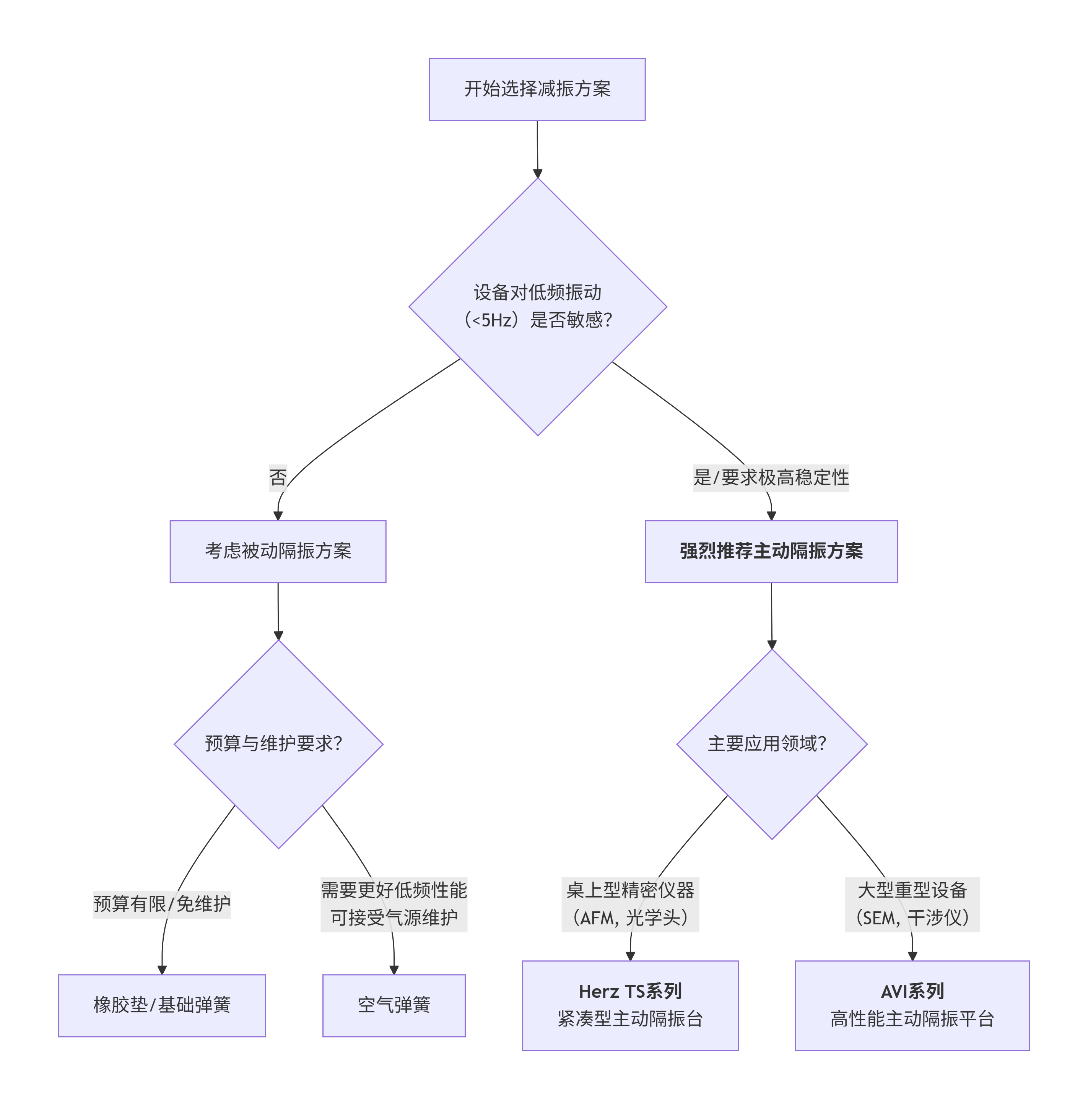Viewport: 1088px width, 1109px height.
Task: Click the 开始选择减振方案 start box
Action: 537,89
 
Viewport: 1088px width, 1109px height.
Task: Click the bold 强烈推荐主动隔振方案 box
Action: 771,551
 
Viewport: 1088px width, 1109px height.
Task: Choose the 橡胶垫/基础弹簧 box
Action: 162,1005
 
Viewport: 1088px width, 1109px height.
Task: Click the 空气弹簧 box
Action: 394,1005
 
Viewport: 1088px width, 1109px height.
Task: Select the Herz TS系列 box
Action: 630,1005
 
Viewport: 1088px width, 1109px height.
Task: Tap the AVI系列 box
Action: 912,1005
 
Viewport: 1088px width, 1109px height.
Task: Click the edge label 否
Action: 278,477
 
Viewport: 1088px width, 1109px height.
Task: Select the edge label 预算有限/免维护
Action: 162,904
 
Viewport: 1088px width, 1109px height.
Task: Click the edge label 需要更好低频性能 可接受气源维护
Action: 394,904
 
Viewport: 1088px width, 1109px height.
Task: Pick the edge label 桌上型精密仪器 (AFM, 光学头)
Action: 630,904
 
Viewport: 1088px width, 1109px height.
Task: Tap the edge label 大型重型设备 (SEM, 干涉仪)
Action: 912,904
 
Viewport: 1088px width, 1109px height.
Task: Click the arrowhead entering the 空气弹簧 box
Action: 394,969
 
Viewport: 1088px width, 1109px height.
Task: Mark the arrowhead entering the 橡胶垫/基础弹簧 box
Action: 162,969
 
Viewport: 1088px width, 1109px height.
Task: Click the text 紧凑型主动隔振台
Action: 630,1019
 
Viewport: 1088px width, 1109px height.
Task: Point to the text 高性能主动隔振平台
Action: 912,1019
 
